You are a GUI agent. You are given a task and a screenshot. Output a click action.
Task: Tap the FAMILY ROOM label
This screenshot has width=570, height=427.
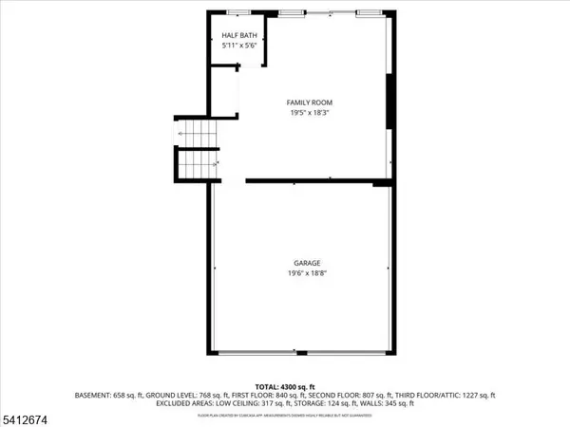(310, 102)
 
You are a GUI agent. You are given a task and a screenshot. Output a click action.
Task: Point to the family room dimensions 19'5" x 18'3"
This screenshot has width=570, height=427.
(310, 113)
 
